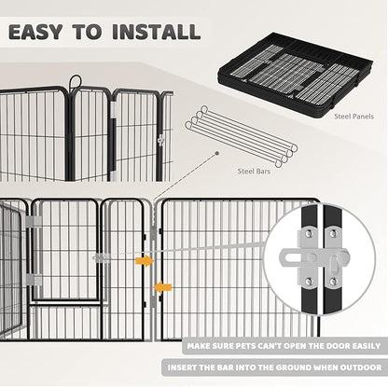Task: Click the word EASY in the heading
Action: [x=45, y=31]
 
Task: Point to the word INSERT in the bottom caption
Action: [x=184, y=367]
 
